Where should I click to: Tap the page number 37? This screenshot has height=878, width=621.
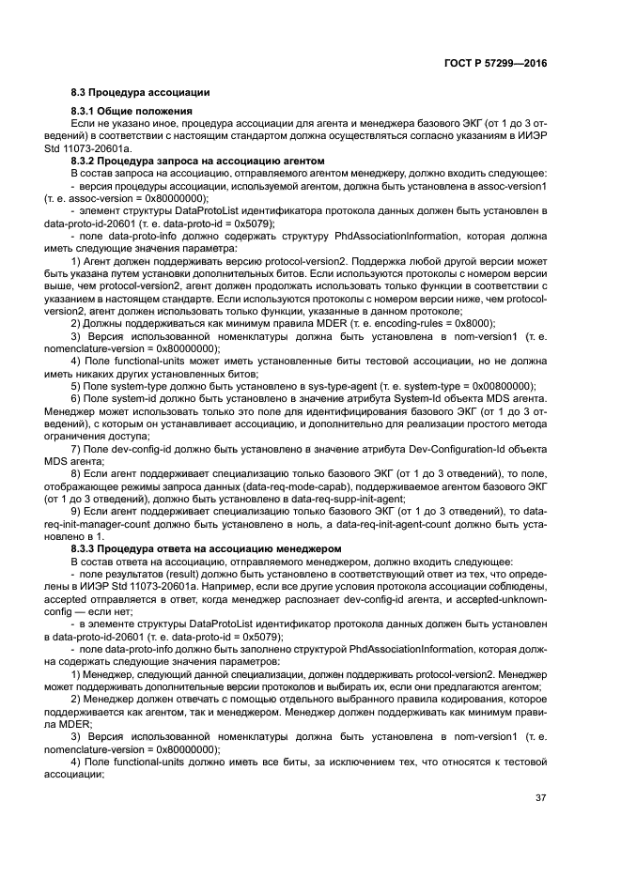point(540,798)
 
